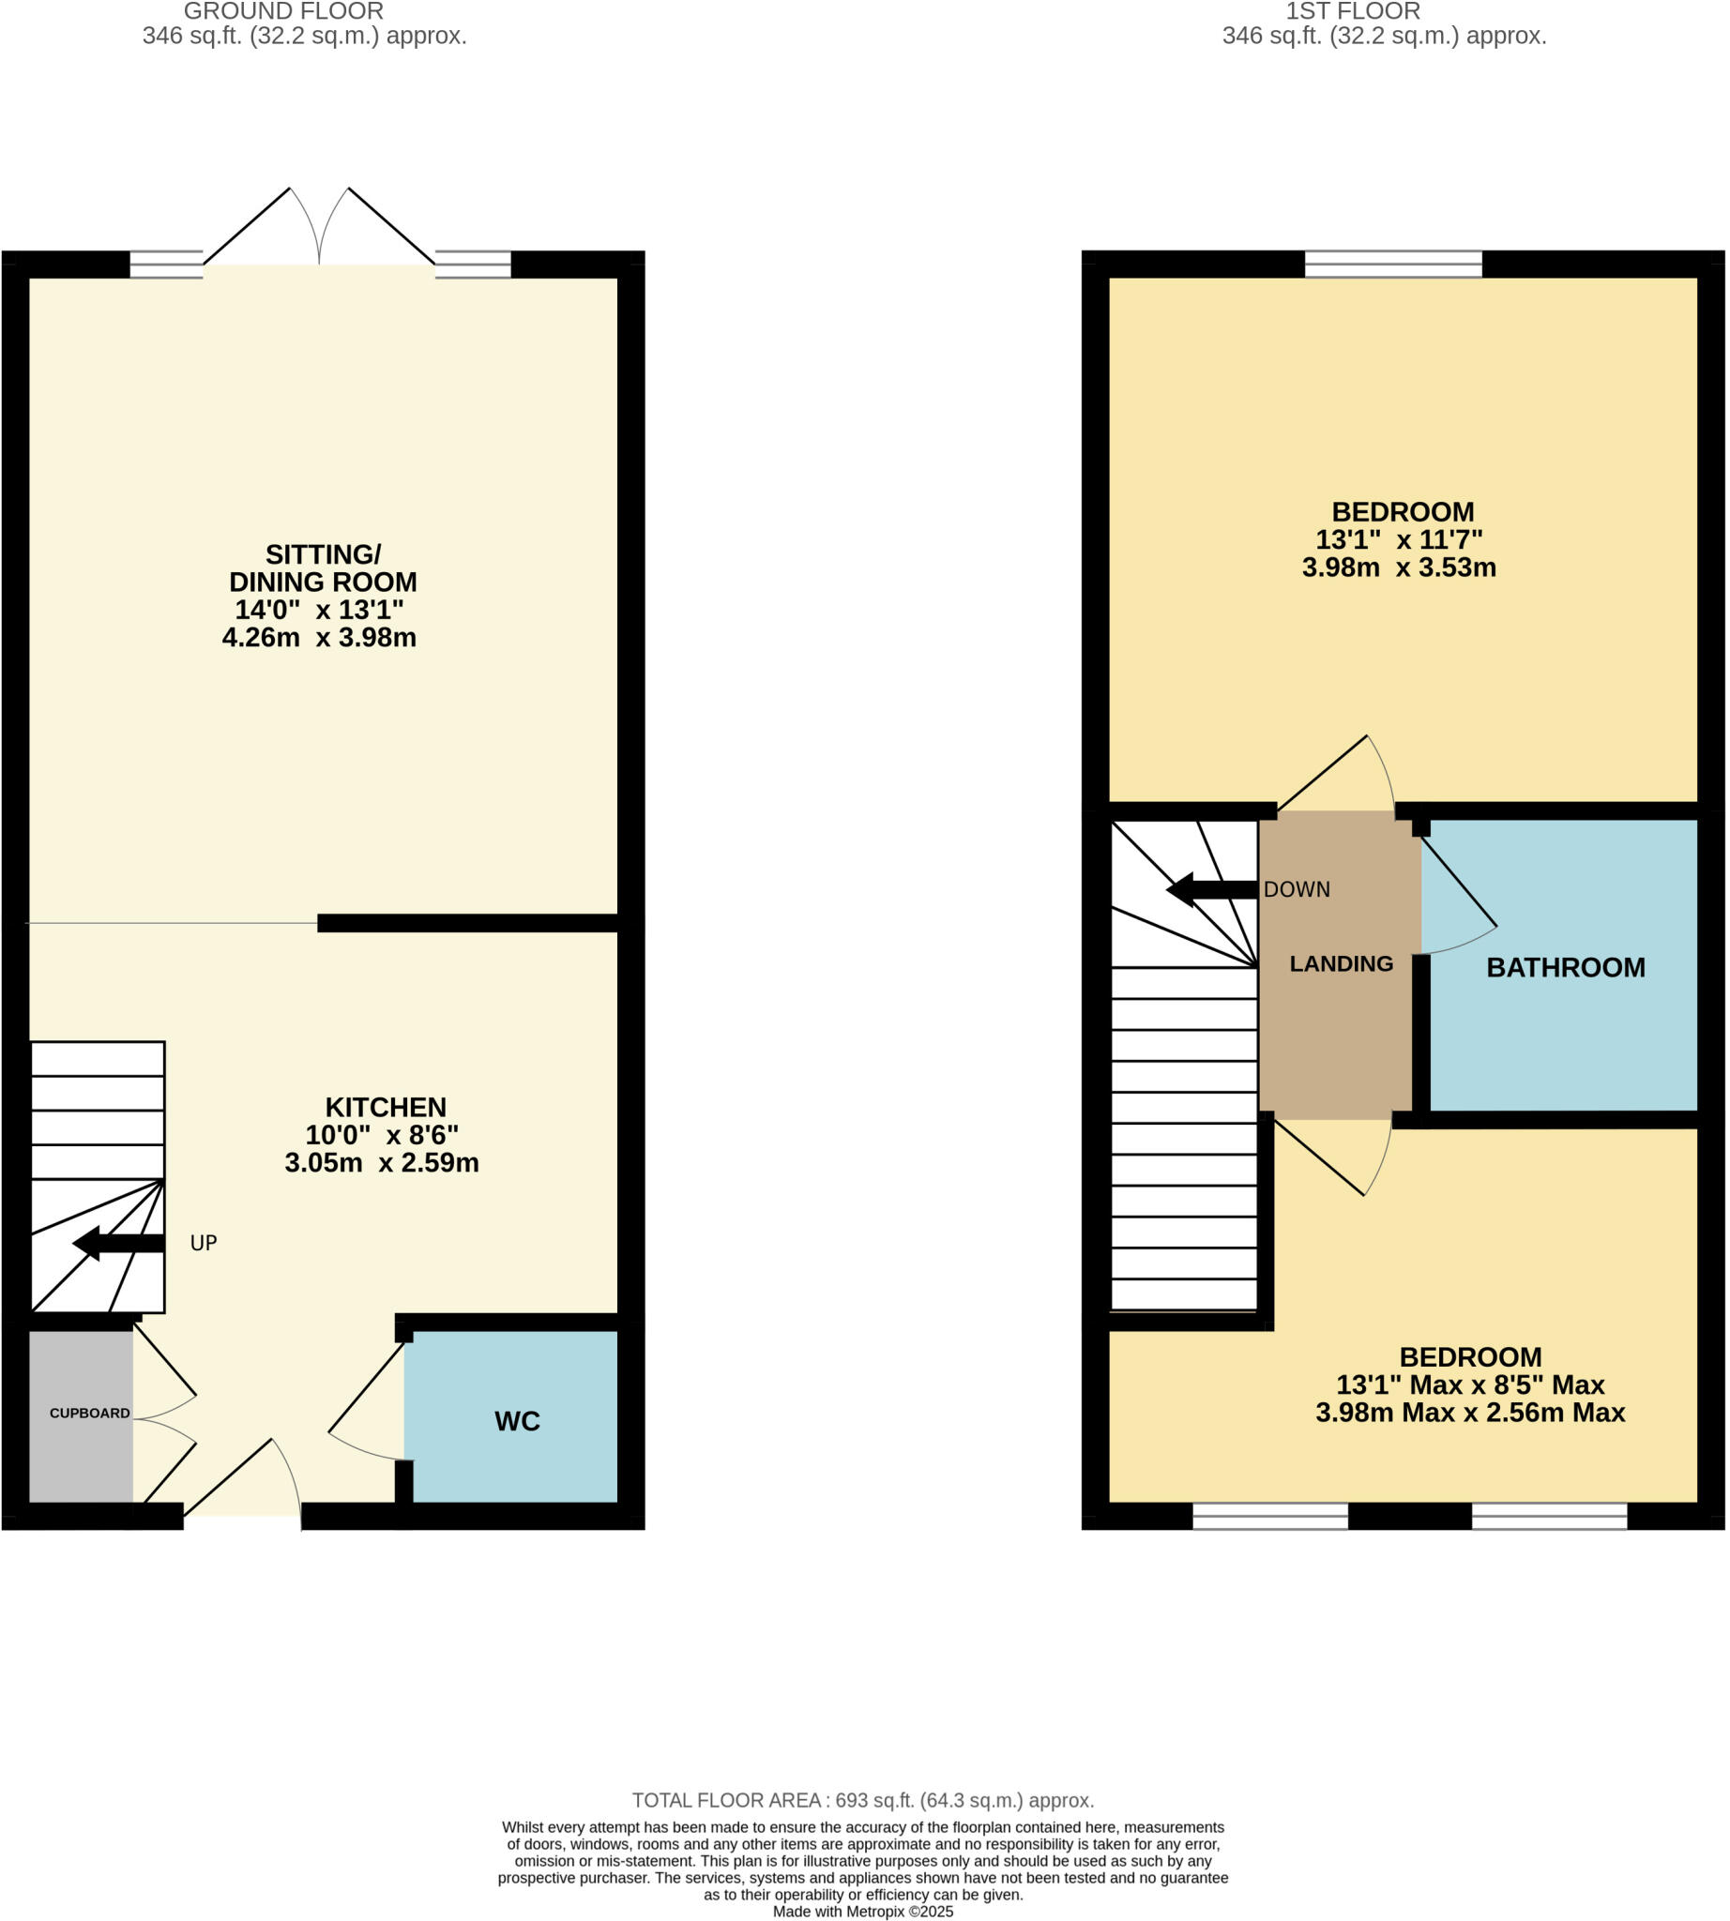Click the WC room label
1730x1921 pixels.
tap(517, 1421)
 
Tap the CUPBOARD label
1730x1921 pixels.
tap(89, 1414)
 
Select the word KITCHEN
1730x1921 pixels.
tap(385, 1108)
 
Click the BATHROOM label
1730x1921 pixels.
tap(1565, 968)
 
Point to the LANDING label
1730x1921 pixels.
tap(1341, 964)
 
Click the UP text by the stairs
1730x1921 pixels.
tap(204, 1243)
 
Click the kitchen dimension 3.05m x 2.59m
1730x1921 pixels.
tap(381, 1162)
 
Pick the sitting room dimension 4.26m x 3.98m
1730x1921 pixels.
tap(318, 637)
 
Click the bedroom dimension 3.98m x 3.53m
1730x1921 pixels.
tap(1398, 567)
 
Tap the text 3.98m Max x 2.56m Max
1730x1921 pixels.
tap(1469, 1413)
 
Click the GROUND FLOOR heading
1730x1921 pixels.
tap(283, 11)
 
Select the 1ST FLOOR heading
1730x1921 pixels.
tap(1352, 11)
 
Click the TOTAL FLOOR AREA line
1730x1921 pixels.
tap(862, 1800)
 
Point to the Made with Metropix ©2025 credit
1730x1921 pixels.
tap(862, 1912)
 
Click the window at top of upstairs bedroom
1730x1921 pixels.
tap(1392, 264)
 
